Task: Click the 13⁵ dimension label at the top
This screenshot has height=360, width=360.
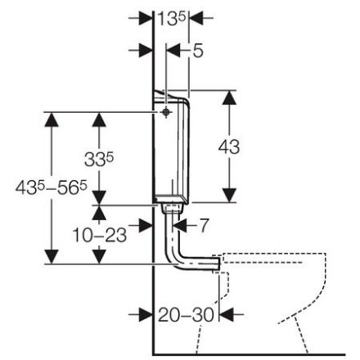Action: (x=172, y=19)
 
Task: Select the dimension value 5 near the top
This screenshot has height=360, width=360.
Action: (x=198, y=51)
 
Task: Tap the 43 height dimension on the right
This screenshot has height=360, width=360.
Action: (x=229, y=146)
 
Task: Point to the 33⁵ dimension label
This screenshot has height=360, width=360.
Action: (x=99, y=160)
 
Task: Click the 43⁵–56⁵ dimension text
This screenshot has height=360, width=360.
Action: (x=52, y=187)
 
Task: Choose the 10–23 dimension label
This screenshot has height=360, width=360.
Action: (x=100, y=235)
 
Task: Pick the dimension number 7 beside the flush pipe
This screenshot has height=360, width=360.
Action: (x=204, y=225)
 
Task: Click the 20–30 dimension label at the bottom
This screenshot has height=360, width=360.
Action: (x=186, y=315)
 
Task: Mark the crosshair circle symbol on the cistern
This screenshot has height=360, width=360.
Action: (x=165, y=112)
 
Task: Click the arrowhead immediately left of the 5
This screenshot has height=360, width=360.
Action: (x=173, y=51)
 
